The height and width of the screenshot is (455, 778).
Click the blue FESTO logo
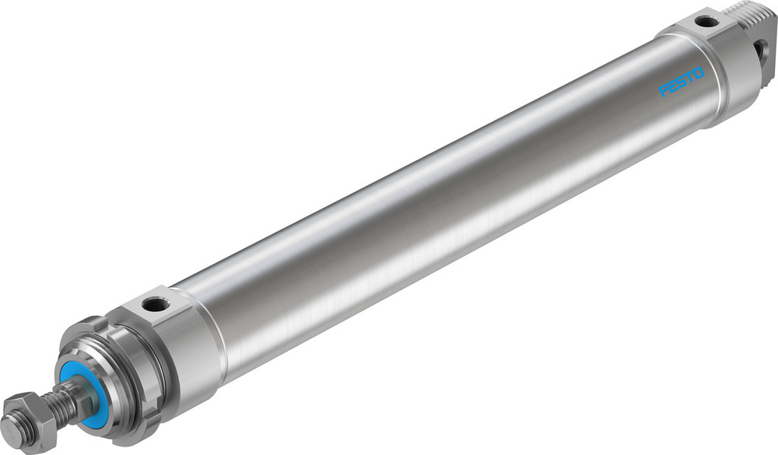(682, 82)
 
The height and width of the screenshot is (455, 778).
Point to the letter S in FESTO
(680, 84)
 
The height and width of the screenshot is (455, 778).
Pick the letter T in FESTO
(689, 79)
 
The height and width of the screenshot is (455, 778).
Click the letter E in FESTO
(671, 88)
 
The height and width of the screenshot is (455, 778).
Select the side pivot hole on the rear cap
(762, 52)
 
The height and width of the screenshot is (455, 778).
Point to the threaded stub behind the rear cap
(752, 13)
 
